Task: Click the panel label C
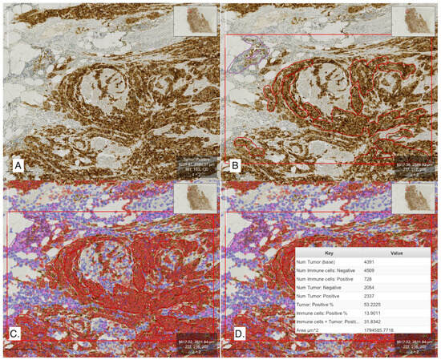(x=16, y=350)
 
